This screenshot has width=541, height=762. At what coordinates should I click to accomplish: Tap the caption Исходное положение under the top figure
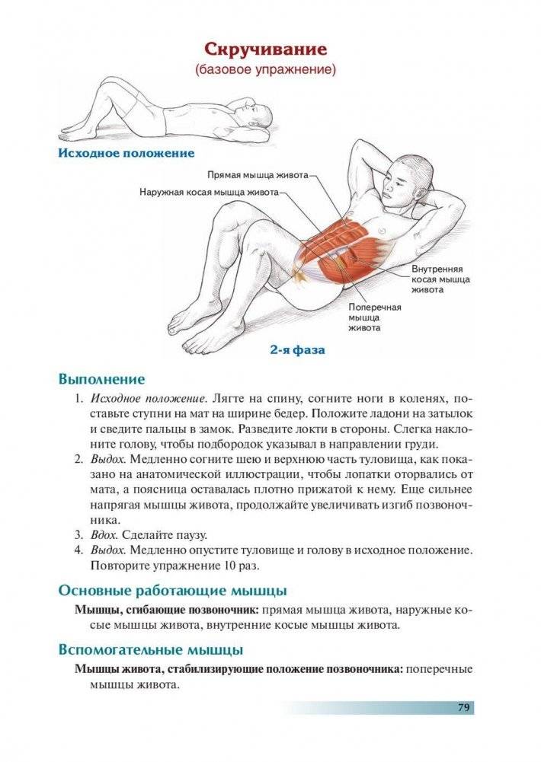[x=126, y=153]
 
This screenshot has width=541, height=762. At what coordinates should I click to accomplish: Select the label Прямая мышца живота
[x=258, y=174]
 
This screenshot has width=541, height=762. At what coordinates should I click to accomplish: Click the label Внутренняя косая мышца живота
[x=440, y=279]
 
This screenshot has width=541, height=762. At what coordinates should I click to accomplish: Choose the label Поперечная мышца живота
[x=374, y=317]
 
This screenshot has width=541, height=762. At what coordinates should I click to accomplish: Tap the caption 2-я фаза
[x=296, y=351]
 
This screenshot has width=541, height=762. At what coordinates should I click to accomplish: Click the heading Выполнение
[x=101, y=378]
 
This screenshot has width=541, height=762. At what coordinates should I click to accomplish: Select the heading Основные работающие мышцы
[x=172, y=590]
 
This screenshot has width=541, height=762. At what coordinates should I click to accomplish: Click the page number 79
[x=463, y=707]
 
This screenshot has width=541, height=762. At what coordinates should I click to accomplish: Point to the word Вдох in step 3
[x=104, y=534]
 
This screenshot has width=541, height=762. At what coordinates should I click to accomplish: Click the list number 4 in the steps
[x=78, y=550]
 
